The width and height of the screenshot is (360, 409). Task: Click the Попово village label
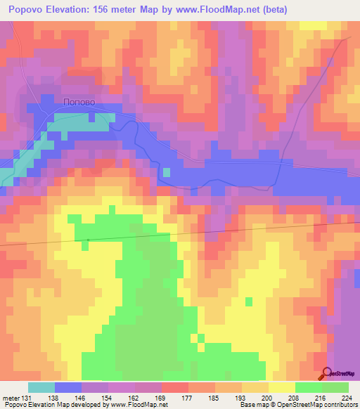(78, 102)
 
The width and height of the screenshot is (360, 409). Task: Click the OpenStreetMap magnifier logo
(327, 375)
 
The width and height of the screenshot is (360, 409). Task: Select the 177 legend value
(188, 398)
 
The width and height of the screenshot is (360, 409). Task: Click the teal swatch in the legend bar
(41, 387)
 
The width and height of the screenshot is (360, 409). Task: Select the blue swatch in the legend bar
(68, 387)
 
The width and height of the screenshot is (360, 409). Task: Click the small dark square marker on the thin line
(88, 240)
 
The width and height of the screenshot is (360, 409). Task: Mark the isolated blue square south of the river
(166, 171)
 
